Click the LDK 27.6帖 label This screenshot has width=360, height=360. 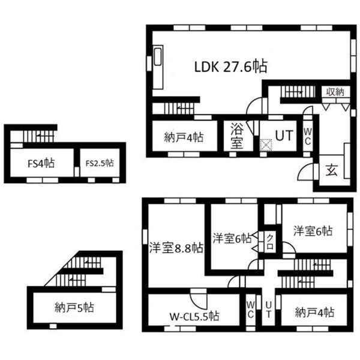click(x=231, y=67)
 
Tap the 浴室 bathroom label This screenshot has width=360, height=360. click(x=237, y=136)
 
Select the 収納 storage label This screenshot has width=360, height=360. click(x=335, y=92)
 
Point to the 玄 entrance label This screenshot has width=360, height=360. click(x=332, y=170)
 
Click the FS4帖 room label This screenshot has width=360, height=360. click(x=41, y=163)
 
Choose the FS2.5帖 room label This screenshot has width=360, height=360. click(x=100, y=163)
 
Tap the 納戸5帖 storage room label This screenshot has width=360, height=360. click(x=74, y=308)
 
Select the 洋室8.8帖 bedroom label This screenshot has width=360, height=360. click(x=176, y=248)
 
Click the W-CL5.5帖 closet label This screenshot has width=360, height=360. click(x=194, y=316)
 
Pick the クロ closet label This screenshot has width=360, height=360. click(x=270, y=242)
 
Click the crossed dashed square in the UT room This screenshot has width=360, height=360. click(x=266, y=145)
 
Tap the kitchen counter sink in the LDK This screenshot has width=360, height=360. click(x=158, y=56)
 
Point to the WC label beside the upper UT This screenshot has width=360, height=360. click(x=308, y=137)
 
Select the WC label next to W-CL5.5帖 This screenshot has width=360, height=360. click(x=250, y=310)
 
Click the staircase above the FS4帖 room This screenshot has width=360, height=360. click(x=38, y=136)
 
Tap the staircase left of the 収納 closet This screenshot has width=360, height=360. click(x=298, y=92)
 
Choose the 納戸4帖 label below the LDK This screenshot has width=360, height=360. click(x=184, y=137)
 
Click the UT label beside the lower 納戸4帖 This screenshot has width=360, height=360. click(x=268, y=309)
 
